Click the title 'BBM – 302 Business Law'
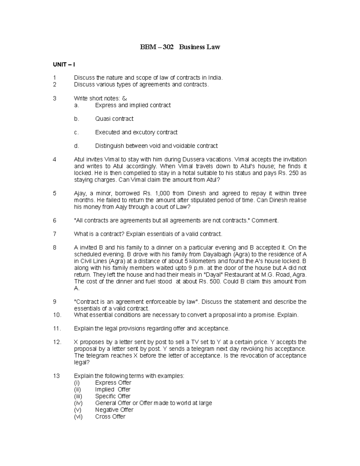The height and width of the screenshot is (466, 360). click(180, 47)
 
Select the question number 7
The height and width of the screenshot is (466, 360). click(55, 234)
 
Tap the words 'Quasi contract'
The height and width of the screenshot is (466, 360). click(114, 119)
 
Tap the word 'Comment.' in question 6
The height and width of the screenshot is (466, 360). click(265, 221)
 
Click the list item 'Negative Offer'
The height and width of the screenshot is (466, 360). click(114, 410)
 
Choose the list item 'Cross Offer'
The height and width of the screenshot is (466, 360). click(110, 417)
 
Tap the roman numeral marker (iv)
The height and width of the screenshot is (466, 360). click(78, 403)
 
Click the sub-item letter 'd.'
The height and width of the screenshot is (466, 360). click(76, 146)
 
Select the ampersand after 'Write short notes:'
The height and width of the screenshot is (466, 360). click(125, 98)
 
